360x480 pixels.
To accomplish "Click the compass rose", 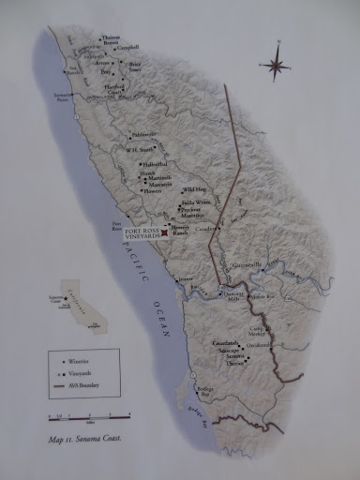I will click(276, 65).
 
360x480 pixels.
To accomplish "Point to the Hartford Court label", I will click(114, 92).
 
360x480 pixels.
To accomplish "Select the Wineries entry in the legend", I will click(75, 360).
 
